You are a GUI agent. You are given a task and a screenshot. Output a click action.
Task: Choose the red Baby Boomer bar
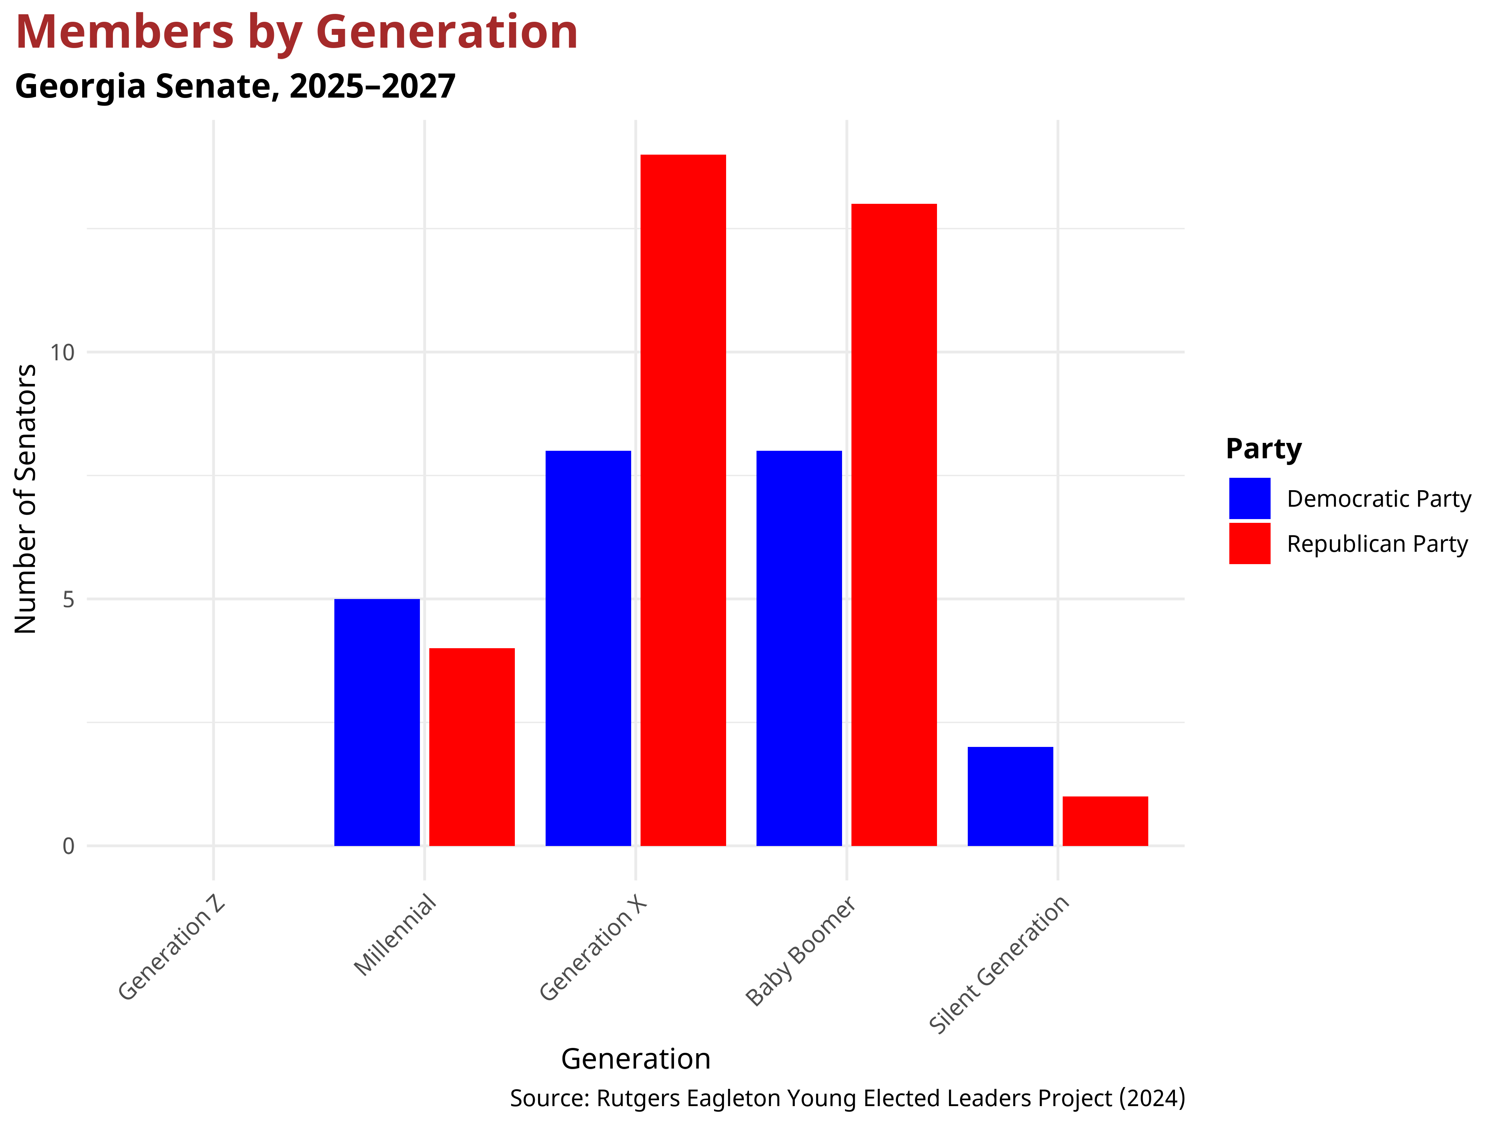(894, 525)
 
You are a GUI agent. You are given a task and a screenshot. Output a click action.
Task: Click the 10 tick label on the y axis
(62, 352)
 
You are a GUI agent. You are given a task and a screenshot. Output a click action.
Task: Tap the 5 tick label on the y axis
(68, 599)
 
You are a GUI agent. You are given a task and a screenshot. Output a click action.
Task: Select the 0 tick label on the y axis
(68, 846)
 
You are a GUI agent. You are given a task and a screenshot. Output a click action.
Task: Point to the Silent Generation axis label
(999, 964)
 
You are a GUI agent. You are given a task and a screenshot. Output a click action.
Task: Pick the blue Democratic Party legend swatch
(1249, 498)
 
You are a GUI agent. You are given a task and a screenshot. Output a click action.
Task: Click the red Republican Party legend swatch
(1249, 543)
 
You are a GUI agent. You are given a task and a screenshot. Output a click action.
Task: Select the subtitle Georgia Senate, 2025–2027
(235, 86)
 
